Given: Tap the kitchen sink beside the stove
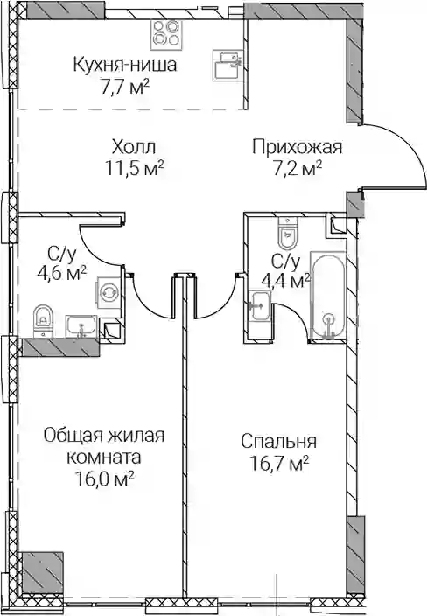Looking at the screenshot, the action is (227, 66).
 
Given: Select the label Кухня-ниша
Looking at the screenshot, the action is (125, 65).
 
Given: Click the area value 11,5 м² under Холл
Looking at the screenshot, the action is (134, 169).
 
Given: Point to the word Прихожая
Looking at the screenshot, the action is (297, 148).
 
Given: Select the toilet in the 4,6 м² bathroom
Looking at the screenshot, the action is (43, 320).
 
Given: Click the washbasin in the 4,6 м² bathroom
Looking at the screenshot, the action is (80, 326).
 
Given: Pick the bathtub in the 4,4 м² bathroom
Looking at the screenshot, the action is (327, 295).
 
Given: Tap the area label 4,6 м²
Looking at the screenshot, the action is (61, 272).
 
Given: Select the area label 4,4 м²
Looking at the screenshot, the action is (285, 280).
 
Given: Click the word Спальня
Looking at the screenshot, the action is (278, 441).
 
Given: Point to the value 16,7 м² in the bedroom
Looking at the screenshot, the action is (278, 464).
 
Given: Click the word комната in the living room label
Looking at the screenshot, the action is (104, 458).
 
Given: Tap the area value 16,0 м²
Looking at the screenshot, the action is (104, 479).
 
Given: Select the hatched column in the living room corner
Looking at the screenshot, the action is (41, 570).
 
